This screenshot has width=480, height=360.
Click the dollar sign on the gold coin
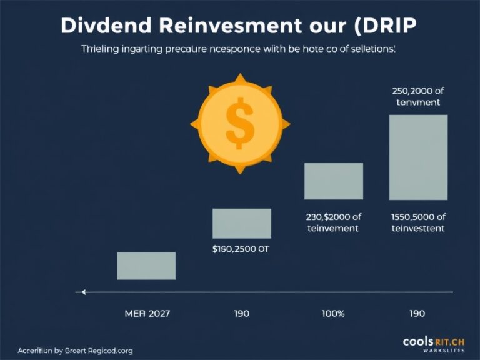(x=240, y=122)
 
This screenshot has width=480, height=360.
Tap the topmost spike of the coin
(x=240, y=77)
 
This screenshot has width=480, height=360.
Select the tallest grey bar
(x=418, y=157)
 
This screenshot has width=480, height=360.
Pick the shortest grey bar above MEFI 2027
(x=146, y=266)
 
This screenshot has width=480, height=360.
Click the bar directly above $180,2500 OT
(x=242, y=223)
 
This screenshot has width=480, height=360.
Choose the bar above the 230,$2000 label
(x=334, y=181)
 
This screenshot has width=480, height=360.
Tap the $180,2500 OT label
(x=241, y=249)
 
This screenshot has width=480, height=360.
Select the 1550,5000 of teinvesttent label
(x=418, y=222)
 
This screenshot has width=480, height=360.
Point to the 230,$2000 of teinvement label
(x=333, y=222)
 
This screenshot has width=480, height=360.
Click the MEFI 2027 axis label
(x=146, y=313)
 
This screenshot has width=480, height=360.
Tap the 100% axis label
(x=333, y=313)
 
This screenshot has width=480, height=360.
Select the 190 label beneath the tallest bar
(x=417, y=313)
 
